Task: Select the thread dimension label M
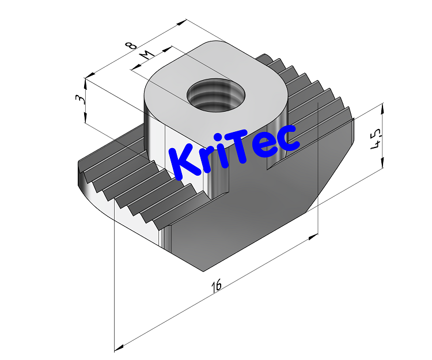tap(147, 55)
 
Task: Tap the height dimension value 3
tap(81, 99)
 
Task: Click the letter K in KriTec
tap(183, 161)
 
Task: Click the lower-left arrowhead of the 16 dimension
tap(118, 347)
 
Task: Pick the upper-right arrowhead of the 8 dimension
tap(185, 22)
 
